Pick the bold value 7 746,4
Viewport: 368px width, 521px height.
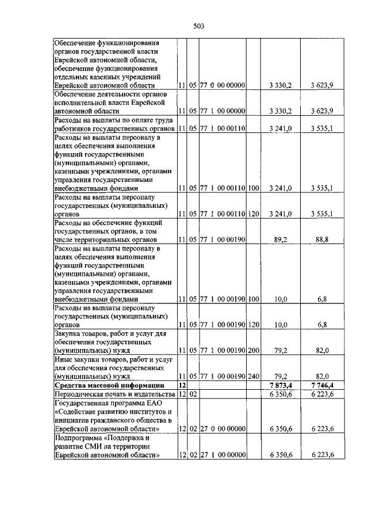[x=322, y=385]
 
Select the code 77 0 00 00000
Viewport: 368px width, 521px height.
[x=223, y=86]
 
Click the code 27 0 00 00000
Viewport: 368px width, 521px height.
[x=223, y=429]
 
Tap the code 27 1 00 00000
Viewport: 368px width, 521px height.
[x=223, y=455]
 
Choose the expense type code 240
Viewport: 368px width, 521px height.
[x=254, y=376]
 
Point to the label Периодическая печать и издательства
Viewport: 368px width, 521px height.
[x=113, y=394]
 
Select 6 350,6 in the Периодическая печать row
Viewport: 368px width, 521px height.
[x=281, y=394]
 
